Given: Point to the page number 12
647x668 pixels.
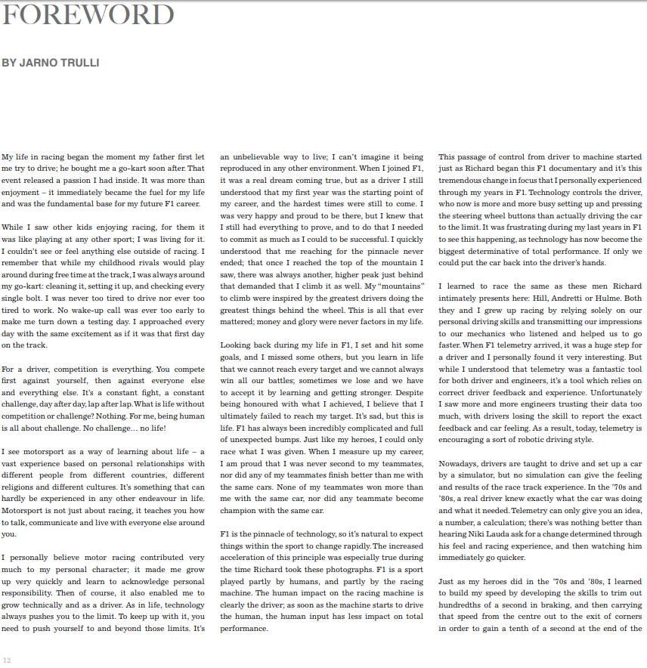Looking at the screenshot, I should click(x=7, y=660).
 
